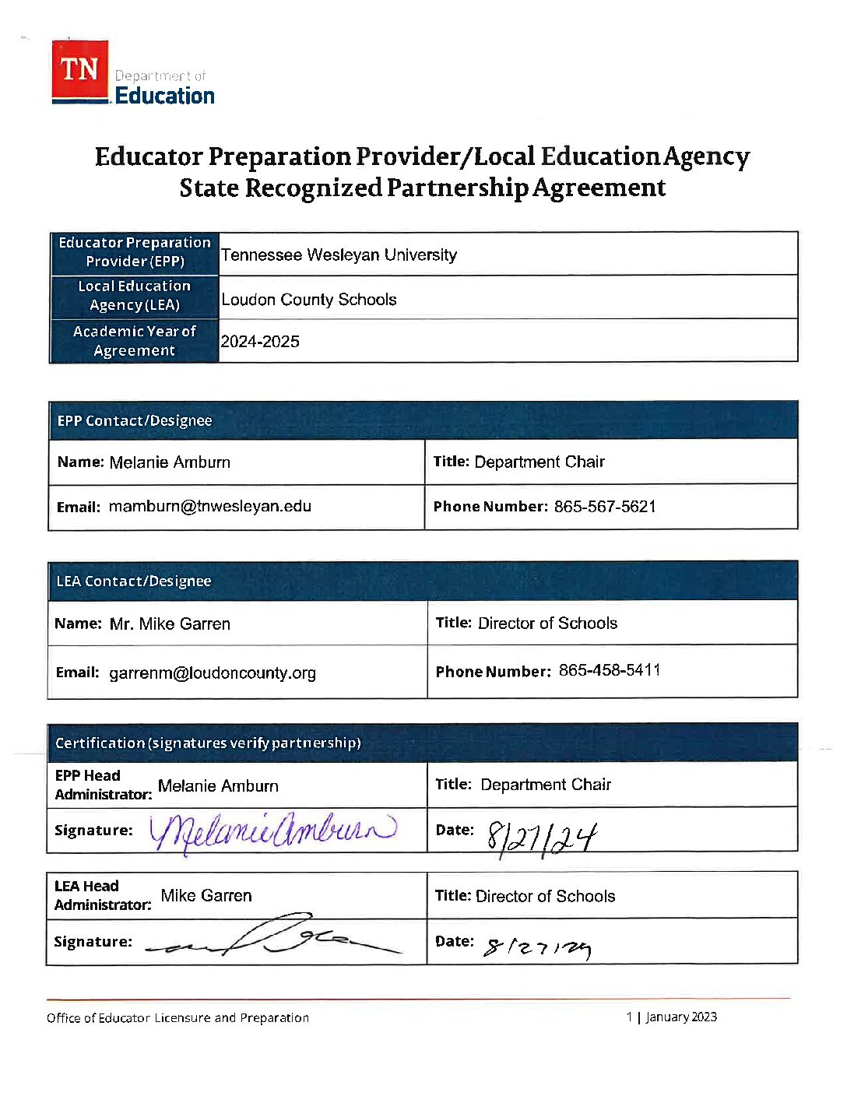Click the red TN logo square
80,70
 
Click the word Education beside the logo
165,96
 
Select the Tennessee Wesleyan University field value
339,255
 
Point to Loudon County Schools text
309,300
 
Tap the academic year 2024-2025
260,342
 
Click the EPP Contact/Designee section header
135,421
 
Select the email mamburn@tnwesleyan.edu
209,507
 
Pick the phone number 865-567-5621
605,507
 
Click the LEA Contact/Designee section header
134,581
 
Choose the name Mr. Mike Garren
170,624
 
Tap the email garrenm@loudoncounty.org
212,673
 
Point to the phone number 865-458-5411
610,670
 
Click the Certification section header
208,743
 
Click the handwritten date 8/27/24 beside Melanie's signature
541,838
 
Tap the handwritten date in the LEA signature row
537,947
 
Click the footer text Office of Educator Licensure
177,1018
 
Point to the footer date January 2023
681,1017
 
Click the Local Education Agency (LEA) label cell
134,297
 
